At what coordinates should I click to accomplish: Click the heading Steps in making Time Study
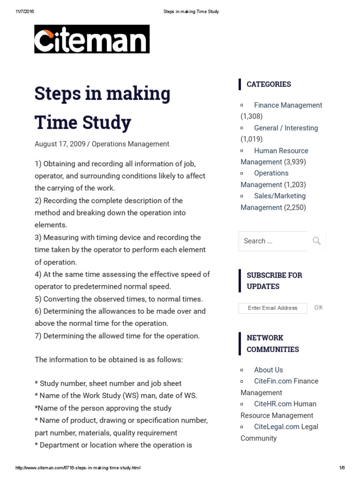(x=102, y=108)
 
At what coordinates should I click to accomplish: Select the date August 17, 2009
(x=60, y=144)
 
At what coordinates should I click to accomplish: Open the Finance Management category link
(x=288, y=105)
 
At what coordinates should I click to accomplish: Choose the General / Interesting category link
(x=285, y=128)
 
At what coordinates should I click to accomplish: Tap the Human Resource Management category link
(x=281, y=151)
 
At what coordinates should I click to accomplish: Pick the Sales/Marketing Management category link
(x=279, y=196)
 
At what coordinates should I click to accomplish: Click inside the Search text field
(x=273, y=241)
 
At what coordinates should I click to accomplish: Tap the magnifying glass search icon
(x=317, y=241)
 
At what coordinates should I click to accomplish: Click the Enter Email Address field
(x=273, y=308)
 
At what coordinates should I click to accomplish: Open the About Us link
(x=268, y=370)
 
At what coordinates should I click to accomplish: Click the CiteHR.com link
(x=273, y=404)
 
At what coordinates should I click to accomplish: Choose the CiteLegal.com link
(x=277, y=427)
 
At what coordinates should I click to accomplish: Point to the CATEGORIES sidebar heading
(x=269, y=84)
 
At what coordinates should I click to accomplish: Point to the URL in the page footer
(x=78, y=468)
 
